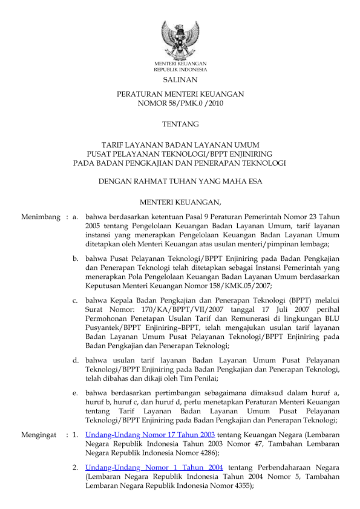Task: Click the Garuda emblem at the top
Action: click(x=180, y=38)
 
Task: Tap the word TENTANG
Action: click(x=180, y=125)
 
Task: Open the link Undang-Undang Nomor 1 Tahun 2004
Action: click(x=154, y=468)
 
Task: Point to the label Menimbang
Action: click(x=40, y=216)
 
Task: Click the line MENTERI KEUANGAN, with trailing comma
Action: click(x=180, y=201)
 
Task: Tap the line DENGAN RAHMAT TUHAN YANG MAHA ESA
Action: click(x=180, y=180)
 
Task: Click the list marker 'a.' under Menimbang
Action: click(x=76, y=216)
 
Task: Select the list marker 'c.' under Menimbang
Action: click(x=76, y=298)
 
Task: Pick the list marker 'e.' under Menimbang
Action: click(x=76, y=393)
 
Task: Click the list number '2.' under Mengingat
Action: click(x=76, y=468)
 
